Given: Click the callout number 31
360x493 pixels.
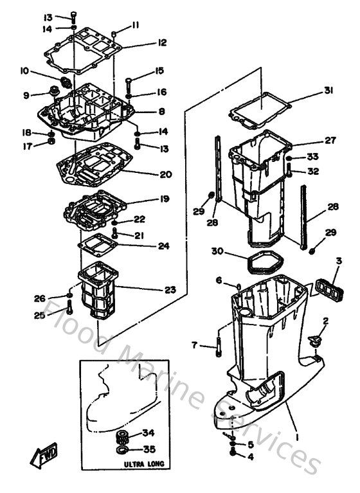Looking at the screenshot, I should (x=328, y=91).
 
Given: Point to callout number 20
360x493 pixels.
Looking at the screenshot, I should (x=166, y=174).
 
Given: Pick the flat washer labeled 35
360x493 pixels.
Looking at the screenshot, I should (x=120, y=451).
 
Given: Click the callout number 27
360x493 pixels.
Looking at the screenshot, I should (x=330, y=140).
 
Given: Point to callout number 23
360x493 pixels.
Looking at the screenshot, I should (x=169, y=290).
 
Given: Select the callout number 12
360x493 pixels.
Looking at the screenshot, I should (x=161, y=43).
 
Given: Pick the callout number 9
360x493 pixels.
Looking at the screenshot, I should (x=26, y=96).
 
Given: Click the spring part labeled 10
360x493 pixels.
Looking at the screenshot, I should (x=66, y=82).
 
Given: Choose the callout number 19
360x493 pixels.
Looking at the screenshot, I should (x=165, y=199).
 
